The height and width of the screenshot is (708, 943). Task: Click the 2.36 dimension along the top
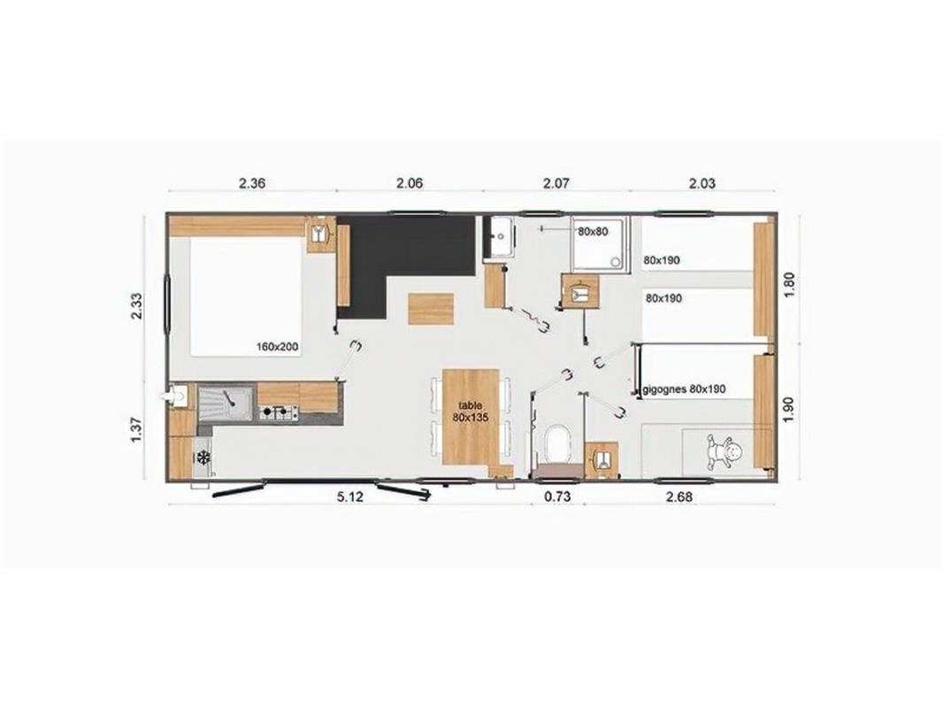(x=252, y=183)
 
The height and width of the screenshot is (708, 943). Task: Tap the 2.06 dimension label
(x=410, y=183)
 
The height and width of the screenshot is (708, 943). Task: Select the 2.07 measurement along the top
(x=556, y=183)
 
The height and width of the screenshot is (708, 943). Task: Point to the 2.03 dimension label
(x=701, y=183)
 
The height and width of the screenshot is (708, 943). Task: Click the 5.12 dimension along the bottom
(x=350, y=496)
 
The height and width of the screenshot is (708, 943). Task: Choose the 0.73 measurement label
(x=557, y=496)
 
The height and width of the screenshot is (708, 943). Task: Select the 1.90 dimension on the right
(x=790, y=409)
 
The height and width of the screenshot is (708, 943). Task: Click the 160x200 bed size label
(x=278, y=347)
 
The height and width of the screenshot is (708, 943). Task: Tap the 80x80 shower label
(x=593, y=230)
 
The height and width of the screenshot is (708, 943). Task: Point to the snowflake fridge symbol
(x=203, y=458)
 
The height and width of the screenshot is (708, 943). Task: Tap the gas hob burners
(x=279, y=413)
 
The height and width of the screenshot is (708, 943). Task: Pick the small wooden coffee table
(x=431, y=309)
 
